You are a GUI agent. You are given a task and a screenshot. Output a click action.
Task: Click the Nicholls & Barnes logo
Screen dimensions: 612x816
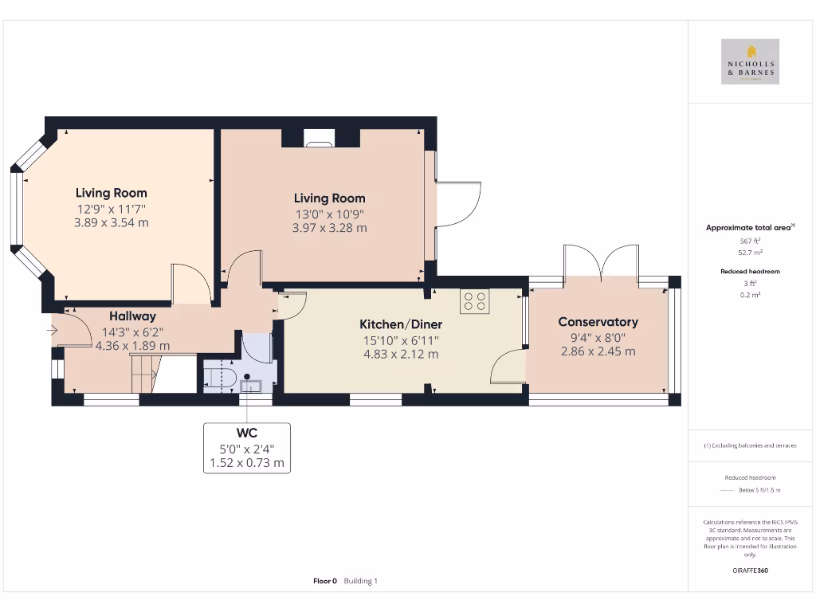(x=749, y=62)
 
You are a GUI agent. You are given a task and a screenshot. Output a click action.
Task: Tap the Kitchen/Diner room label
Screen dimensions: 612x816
(x=401, y=324)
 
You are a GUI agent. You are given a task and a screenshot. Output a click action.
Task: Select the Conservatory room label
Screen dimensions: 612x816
(x=598, y=322)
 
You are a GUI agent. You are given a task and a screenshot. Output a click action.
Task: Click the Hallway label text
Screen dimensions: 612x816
(x=132, y=316)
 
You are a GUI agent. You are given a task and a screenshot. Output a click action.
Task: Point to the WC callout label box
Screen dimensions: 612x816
(x=246, y=448)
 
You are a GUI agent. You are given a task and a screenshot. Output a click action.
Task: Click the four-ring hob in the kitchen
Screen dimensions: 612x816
(x=475, y=301)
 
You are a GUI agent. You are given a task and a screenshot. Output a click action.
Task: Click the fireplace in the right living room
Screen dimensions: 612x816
(x=320, y=141)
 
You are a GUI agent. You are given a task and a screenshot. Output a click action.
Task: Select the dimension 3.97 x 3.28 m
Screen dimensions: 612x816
(x=329, y=228)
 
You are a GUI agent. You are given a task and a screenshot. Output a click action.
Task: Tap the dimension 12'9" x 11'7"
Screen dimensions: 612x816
(x=112, y=208)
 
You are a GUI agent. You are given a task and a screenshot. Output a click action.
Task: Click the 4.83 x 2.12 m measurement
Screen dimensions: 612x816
(x=401, y=354)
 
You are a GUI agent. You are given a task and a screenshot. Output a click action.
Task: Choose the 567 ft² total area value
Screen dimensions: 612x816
(x=749, y=241)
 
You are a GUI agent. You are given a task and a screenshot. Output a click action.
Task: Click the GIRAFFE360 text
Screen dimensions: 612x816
(x=749, y=571)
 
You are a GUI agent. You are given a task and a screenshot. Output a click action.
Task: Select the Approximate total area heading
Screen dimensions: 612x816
(x=750, y=228)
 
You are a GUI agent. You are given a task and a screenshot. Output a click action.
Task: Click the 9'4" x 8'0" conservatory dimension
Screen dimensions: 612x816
(x=598, y=337)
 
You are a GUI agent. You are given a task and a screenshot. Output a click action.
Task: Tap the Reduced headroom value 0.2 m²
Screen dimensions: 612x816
(x=749, y=295)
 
